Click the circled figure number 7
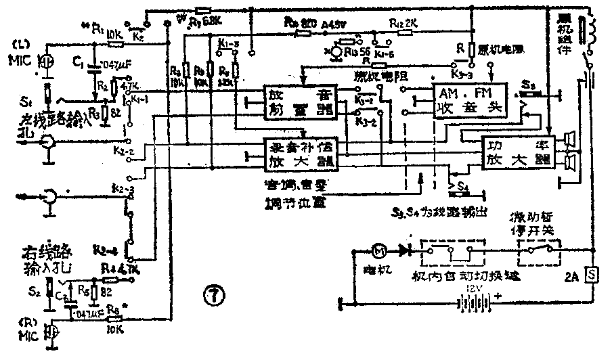tap(211, 294)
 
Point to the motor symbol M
tap(380, 250)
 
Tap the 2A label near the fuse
tap(571, 277)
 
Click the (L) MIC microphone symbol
tap(45, 62)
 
